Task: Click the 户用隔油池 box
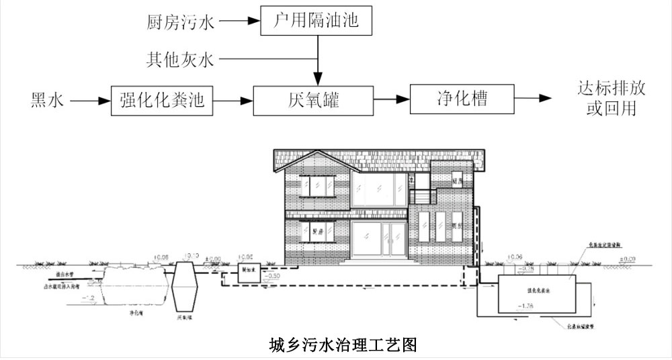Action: [x=315, y=22]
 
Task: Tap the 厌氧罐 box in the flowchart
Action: [x=313, y=101]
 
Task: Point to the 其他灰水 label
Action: [x=179, y=60]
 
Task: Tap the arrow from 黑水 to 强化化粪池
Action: [x=90, y=101]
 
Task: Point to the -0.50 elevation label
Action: [x=274, y=275]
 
